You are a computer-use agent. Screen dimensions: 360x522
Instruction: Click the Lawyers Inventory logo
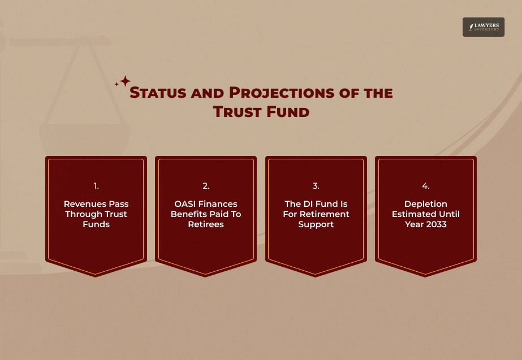coord(483,27)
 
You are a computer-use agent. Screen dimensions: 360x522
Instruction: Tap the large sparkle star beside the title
coord(125,81)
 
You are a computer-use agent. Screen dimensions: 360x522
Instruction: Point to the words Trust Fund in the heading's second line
coord(261,112)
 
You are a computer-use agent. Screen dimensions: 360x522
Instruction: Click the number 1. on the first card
coord(96,186)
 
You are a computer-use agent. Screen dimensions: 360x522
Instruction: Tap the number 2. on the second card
coord(206,186)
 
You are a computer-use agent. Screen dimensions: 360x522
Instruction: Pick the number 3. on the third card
coord(316,186)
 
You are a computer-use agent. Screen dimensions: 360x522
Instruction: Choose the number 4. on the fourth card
coord(425,186)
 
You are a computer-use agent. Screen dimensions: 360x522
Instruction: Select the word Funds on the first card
coord(96,224)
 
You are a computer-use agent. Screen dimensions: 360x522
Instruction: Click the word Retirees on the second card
coord(206,224)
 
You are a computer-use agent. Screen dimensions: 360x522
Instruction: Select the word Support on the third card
coord(316,224)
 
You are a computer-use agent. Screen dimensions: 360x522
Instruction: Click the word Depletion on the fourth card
coord(425,204)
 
